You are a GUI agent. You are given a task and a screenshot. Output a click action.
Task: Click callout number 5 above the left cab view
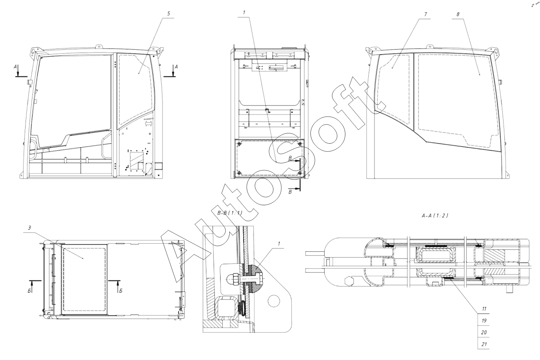tap(168, 14)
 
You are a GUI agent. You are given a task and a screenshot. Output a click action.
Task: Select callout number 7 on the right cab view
tap(426, 14)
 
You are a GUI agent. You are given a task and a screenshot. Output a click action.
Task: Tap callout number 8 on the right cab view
tap(458, 14)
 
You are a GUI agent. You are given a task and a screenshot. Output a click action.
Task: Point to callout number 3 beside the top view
tap(30, 228)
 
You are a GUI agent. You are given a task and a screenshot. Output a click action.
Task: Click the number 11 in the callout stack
tap(484, 309)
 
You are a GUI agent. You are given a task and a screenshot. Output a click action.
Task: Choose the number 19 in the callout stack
tap(484, 321)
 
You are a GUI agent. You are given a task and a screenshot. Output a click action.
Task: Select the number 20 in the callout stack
tap(484, 333)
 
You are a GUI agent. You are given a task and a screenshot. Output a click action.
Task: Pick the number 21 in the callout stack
tap(484, 344)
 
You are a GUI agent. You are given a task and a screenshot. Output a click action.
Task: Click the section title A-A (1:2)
tap(435, 216)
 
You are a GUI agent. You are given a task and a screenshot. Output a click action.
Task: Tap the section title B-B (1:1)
tap(230, 213)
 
